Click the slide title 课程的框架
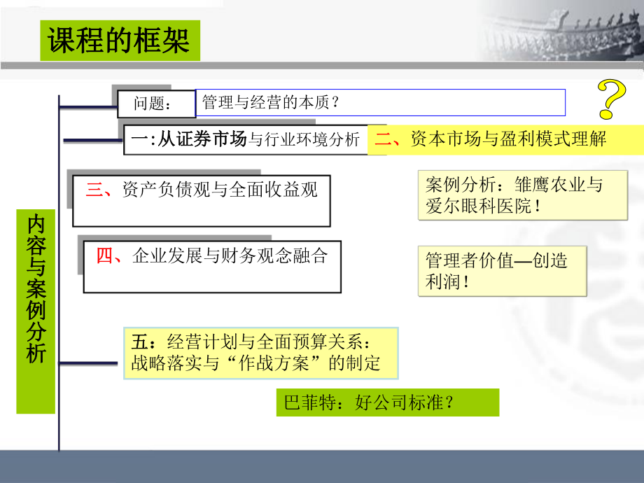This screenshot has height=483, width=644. [120, 41]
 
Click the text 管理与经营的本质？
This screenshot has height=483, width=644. [270, 103]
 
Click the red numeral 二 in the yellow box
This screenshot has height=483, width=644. [382, 139]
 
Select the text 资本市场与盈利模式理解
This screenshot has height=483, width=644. [508, 139]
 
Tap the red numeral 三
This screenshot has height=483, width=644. [94, 190]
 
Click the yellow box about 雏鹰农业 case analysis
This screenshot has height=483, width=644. [502, 195]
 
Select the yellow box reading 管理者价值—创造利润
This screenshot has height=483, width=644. [502, 271]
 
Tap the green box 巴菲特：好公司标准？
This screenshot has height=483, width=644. [388, 402]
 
